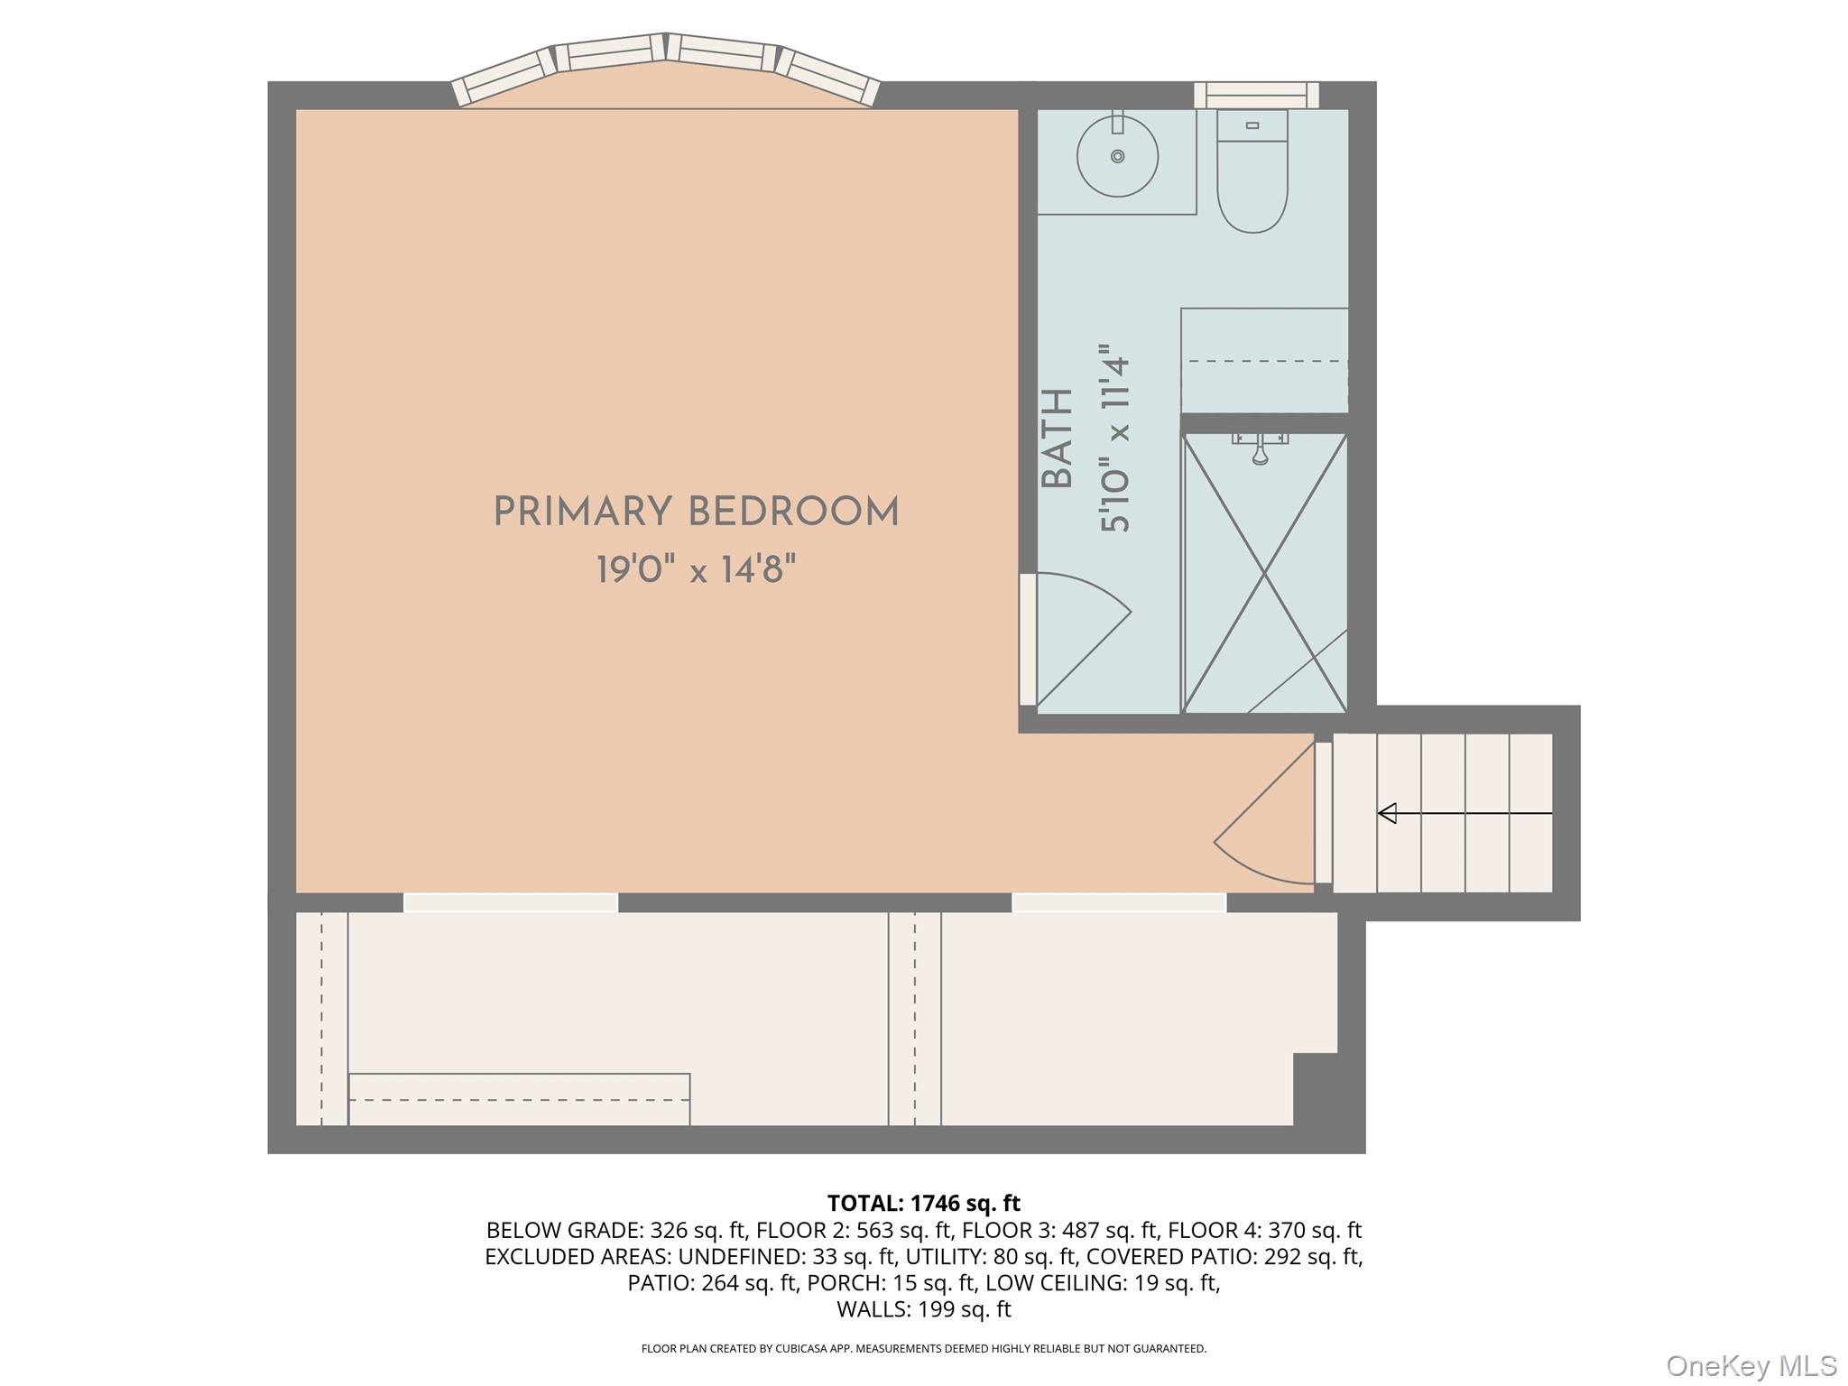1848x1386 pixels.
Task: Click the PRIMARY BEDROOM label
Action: (x=696, y=513)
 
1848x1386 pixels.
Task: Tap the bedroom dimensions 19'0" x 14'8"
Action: (x=696, y=570)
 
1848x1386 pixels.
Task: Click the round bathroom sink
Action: (x=1117, y=157)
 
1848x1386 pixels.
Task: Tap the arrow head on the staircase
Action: (x=1388, y=813)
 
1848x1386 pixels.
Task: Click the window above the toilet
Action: (x=1256, y=95)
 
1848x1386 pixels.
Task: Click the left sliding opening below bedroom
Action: (x=511, y=901)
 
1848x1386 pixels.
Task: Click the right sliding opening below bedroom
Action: (x=1119, y=901)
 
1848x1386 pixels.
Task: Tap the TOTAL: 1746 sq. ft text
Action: (x=923, y=1203)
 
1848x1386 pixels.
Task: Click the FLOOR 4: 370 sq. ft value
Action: (x=1264, y=1230)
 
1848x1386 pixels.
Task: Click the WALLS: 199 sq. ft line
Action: (x=923, y=1308)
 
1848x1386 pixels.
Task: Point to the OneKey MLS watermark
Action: (x=1751, y=1365)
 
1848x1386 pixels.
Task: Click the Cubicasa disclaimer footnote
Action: (x=923, y=1348)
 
